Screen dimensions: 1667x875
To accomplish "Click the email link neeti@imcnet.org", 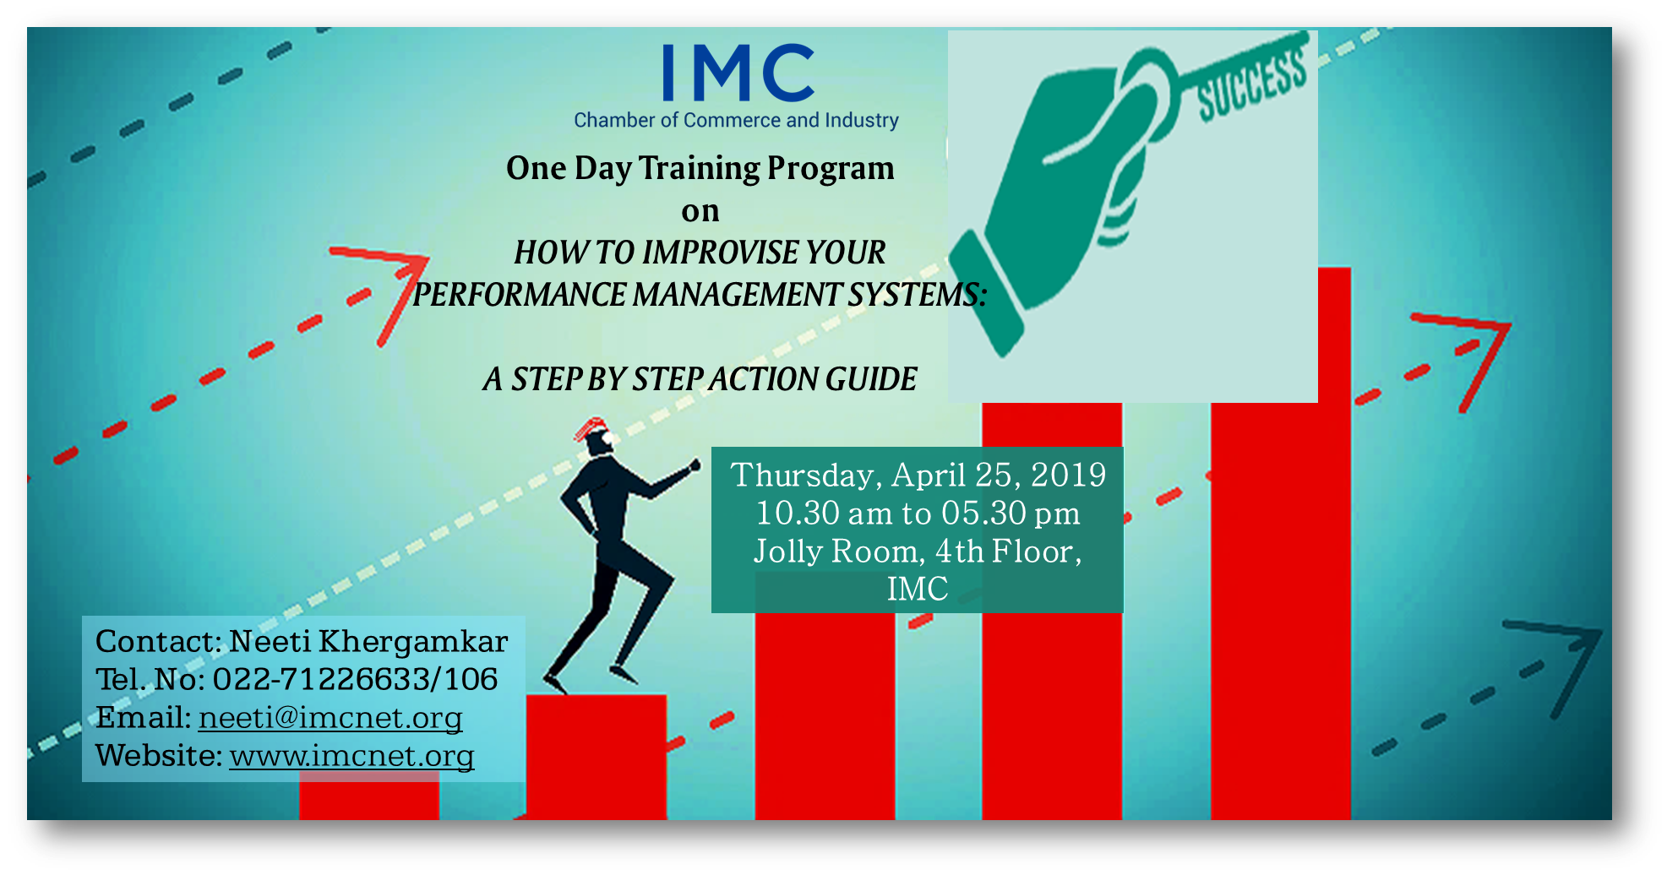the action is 330,717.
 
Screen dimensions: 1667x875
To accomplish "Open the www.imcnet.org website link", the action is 351,755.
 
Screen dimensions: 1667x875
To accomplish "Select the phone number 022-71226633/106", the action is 355,679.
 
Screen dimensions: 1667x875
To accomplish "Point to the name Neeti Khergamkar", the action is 368,641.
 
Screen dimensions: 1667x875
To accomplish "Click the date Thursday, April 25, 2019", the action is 918,475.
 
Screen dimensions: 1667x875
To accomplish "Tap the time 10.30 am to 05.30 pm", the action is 918,513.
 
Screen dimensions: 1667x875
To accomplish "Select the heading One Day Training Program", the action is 700,168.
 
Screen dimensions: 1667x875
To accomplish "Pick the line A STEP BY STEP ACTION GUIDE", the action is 700,379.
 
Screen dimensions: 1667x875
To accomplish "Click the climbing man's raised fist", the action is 695,465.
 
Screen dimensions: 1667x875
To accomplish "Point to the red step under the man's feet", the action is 597,757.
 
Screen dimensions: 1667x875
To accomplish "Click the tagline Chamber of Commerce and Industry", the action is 736,120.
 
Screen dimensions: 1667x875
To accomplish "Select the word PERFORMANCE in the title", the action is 520,295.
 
